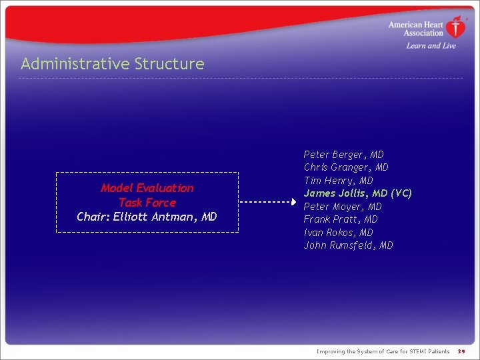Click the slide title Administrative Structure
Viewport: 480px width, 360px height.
(112, 64)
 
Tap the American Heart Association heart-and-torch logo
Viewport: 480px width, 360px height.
(456, 28)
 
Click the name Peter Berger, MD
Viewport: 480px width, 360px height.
(343, 155)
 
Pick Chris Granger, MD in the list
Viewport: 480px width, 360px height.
(346, 167)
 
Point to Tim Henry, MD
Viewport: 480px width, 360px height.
(338, 181)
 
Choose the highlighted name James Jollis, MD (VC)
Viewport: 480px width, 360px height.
(357, 193)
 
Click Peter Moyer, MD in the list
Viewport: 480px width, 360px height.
(343, 207)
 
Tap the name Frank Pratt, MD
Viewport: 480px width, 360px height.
(341, 219)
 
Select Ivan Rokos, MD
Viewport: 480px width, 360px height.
(338, 233)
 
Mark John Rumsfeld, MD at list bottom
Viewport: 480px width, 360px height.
(348, 245)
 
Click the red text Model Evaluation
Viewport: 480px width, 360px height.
(147, 188)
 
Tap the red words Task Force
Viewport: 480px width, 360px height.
(147, 203)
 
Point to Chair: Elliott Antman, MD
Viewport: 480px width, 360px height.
(147, 217)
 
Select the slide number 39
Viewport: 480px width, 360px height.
(461, 351)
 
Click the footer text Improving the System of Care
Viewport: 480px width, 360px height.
(383, 351)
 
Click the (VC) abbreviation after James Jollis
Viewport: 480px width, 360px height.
(401, 193)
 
